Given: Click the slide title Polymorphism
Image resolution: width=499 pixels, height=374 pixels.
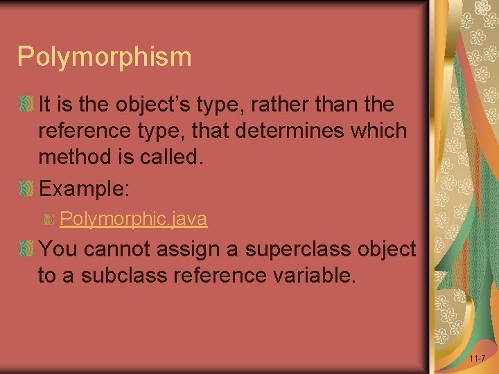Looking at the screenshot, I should click(105, 57).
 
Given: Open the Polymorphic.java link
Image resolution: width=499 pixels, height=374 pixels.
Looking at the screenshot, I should click(133, 219).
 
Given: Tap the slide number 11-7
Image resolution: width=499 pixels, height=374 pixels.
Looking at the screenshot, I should click(477, 359).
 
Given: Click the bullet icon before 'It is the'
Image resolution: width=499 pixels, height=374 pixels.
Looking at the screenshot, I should click(26, 105).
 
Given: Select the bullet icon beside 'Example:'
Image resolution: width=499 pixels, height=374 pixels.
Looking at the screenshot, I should click(26, 188).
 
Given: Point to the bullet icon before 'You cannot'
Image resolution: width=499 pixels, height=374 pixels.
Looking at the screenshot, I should click(26, 248).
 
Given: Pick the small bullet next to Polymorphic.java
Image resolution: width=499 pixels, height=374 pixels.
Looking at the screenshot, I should click(49, 220).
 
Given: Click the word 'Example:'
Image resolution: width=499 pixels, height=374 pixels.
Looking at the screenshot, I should click(85, 188).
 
